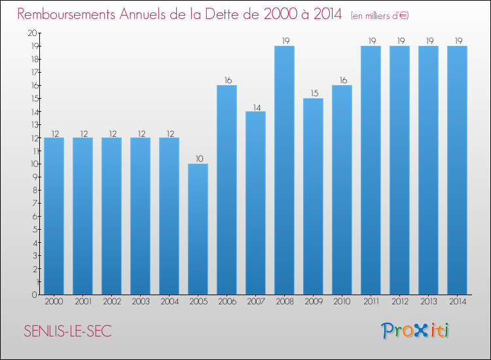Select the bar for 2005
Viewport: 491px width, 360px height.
coord(198,229)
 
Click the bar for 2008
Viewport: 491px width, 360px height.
coord(284,170)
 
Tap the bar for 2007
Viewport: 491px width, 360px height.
coord(255,203)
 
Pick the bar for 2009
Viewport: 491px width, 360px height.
coord(313,196)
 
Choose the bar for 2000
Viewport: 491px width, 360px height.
coord(54,216)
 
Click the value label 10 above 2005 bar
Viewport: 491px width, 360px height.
coord(200,158)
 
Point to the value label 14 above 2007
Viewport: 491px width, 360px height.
coord(257,108)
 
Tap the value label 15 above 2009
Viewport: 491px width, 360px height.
coord(314,94)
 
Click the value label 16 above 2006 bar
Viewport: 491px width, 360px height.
coord(228,81)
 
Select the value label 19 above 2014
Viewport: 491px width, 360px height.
coord(458,41)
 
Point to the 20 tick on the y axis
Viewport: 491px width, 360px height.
coord(32,33)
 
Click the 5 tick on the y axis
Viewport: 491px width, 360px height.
coord(35,230)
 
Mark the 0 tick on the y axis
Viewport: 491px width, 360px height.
coord(35,295)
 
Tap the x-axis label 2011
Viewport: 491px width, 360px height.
coord(371,302)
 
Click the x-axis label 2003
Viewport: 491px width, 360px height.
coord(141,302)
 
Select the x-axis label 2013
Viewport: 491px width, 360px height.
coord(429,302)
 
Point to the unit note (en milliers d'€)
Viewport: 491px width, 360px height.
coord(380,16)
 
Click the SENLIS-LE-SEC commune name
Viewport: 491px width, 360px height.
coord(67,331)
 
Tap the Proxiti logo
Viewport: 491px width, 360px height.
coord(415,331)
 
